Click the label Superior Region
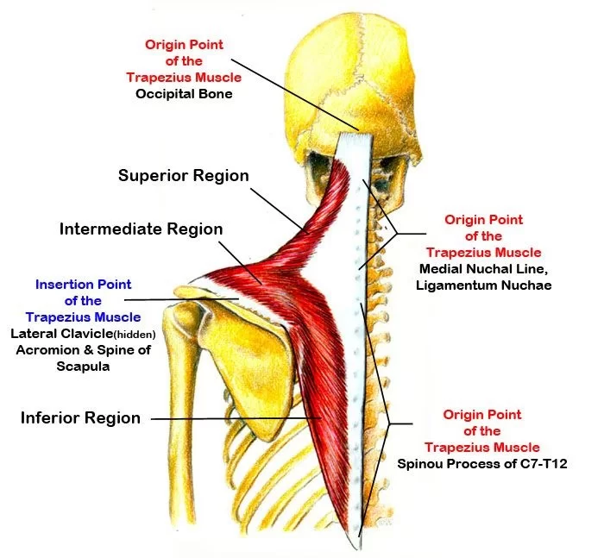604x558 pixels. click(183, 176)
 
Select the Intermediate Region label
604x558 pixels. click(141, 229)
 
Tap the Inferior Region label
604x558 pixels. click(80, 418)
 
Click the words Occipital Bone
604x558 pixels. click(184, 93)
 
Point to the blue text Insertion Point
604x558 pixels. click(83, 284)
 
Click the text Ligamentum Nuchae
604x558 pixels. click(484, 284)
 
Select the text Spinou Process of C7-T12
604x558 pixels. click(482, 463)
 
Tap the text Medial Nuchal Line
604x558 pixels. click(484, 268)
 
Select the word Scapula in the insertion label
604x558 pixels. click(84, 366)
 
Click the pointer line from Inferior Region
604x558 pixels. click(233, 419)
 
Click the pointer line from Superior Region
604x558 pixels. click(276, 204)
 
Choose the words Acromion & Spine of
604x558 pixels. click(84, 349)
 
